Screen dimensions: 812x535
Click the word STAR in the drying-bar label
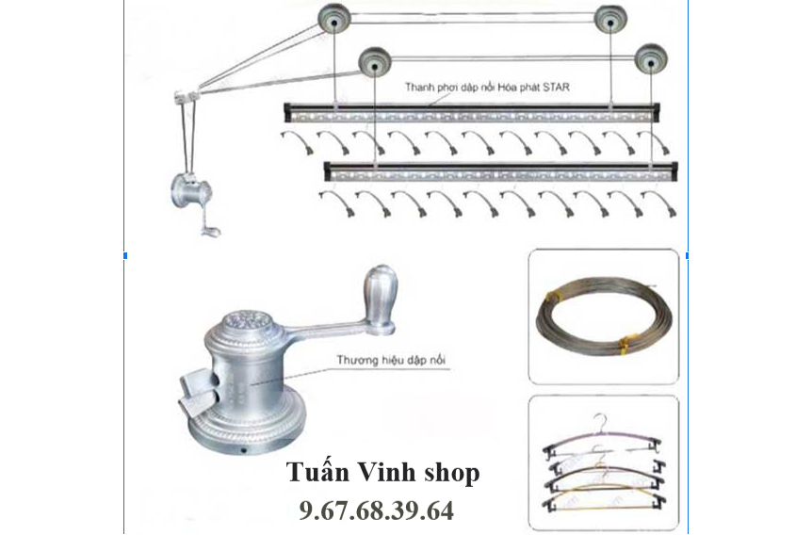click(556, 87)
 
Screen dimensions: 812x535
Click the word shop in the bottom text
click(452, 474)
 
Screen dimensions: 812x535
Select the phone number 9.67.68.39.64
click(377, 511)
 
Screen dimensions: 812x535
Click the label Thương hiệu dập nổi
click(391, 360)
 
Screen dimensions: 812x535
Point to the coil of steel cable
click(604, 317)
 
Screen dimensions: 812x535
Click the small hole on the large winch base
click(243, 450)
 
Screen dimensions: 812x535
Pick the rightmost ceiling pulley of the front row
click(651, 60)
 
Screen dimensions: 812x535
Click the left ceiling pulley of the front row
click(374, 63)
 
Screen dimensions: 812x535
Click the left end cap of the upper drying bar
click(288, 112)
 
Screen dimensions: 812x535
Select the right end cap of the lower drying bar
click(674, 170)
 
